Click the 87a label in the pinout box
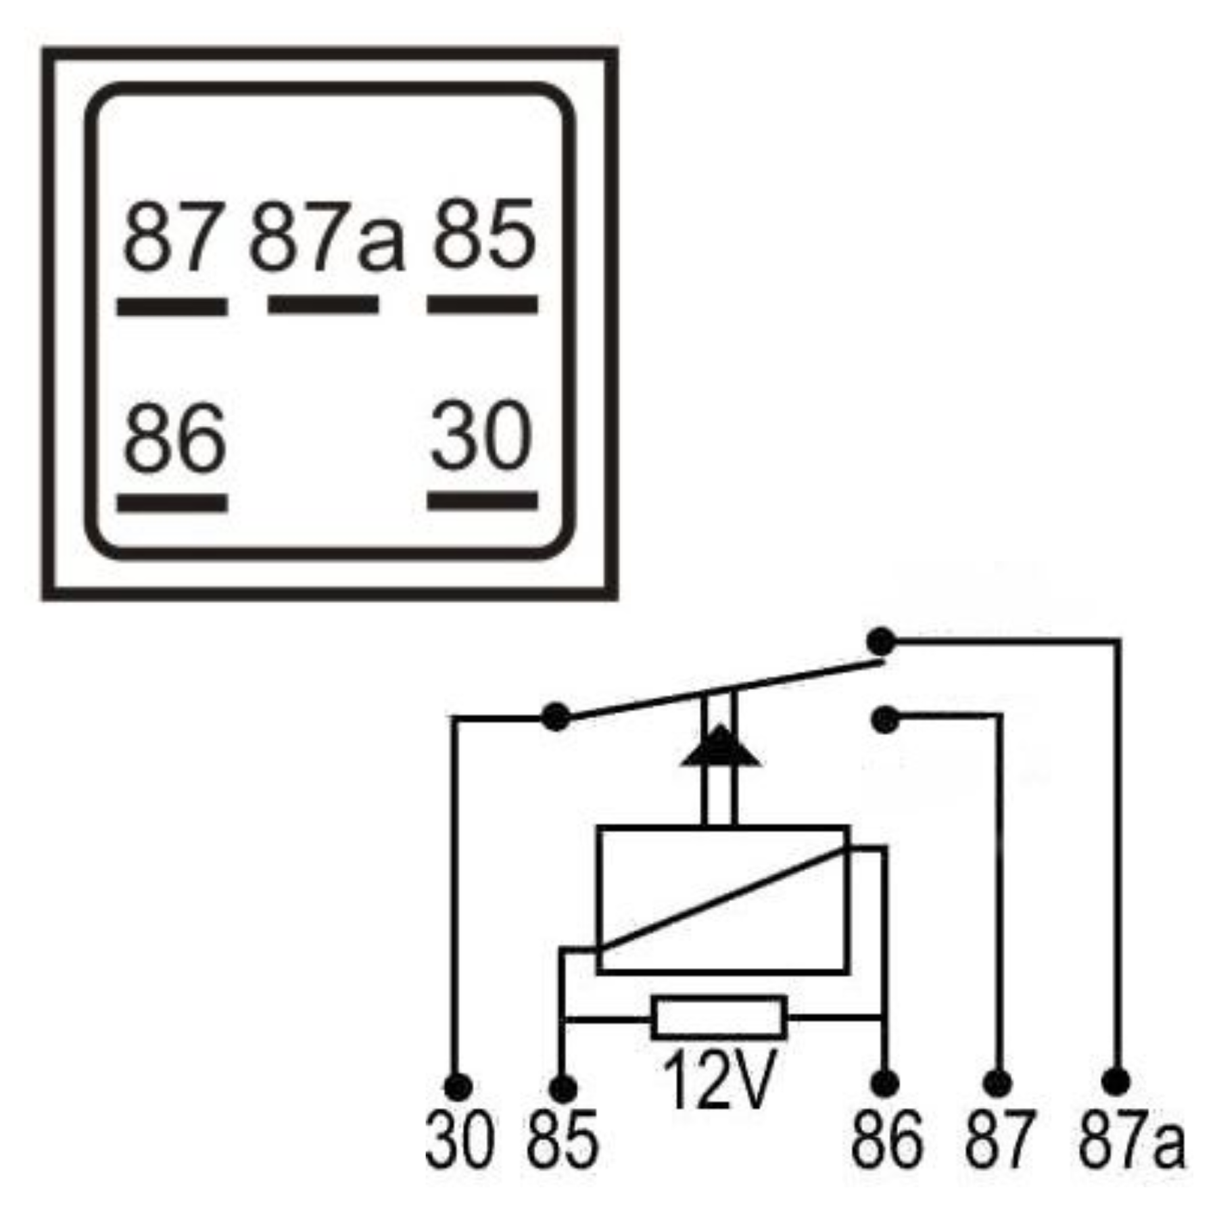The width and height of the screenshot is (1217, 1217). pos(327,237)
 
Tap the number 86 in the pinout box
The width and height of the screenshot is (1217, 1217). pos(174,437)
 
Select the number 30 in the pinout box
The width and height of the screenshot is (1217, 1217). pos(481,436)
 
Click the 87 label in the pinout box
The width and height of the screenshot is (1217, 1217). pos(172,237)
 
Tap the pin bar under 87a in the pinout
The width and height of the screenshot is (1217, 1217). pos(323,305)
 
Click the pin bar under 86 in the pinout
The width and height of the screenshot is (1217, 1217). pos(172,503)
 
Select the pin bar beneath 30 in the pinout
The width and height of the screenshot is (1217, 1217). pos(483,501)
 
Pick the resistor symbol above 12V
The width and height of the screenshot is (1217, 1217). pos(719,1017)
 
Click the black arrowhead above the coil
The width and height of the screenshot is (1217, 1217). pos(720,747)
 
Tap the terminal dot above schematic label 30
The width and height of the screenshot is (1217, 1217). pos(458,1088)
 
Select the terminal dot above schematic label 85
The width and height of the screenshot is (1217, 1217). pos(563,1089)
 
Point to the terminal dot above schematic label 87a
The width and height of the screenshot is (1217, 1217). pos(1116,1082)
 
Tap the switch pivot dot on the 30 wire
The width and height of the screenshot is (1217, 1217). pos(556,717)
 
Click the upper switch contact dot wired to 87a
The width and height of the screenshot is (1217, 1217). pos(881,642)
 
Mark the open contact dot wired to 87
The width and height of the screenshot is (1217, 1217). pos(885,721)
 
